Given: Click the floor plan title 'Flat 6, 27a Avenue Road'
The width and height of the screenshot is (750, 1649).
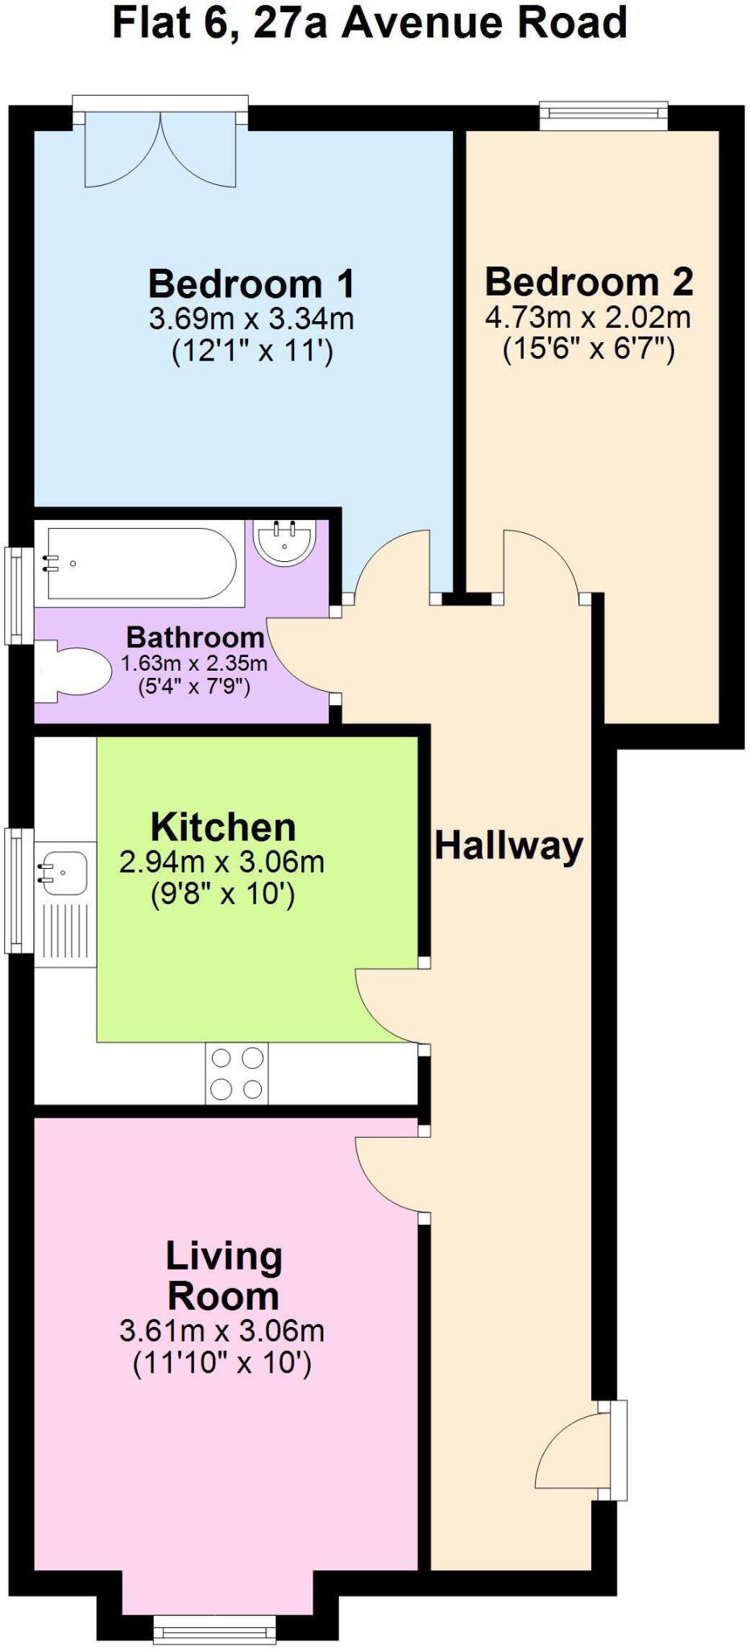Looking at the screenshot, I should (x=370, y=23).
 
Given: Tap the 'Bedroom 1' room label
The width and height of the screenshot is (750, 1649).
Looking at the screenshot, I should (x=251, y=284).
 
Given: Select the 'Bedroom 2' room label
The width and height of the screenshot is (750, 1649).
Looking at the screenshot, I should (x=589, y=282).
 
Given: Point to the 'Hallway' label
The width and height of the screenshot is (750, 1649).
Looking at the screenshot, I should (x=509, y=846).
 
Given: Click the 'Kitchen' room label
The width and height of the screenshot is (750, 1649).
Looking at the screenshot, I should (x=223, y=827).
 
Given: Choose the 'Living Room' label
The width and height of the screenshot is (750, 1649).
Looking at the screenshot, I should (x=223, y=1276).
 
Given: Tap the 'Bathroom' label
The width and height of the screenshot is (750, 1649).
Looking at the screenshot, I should (x=195, y=638).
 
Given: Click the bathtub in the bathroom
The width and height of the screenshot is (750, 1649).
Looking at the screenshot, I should (x=141, y=564).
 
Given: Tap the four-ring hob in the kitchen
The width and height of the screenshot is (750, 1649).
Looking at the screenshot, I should (x=237, y=1073).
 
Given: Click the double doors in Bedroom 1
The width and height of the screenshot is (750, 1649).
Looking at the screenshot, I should (x=161, y=149).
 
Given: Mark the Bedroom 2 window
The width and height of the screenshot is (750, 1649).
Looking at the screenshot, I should (x=603, y=115).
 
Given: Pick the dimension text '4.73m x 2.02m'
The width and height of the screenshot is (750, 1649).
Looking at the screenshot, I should (x=588, y=317).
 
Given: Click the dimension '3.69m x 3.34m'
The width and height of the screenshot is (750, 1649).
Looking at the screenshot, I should (x=251, y=320).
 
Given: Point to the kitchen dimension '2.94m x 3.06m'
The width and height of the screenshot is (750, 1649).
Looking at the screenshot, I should (x=222, y=862).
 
